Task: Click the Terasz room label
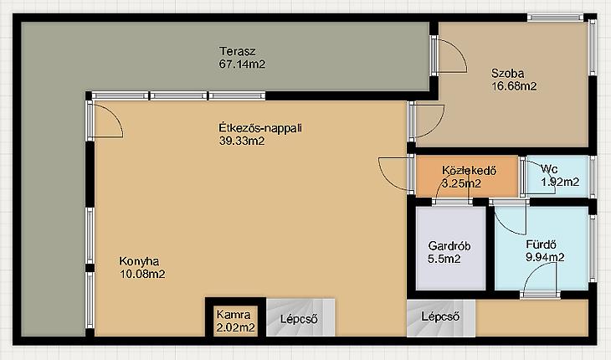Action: tap(238, 51)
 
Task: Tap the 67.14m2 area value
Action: tap(242, 64)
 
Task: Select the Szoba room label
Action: tap(507, 73)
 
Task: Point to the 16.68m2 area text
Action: tap(514, 86)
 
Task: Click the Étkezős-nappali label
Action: tap(260, 128)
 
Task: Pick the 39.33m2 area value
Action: tap(242, 141)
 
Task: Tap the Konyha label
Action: tap(139, 261)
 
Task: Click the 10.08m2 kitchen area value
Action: tap(142, 274)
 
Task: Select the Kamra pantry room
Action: tap(235, 321)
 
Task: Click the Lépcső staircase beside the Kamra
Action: tap(300, 317)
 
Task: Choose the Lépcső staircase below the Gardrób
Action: tap(441, 318)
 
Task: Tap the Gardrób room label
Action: tap(449, 246)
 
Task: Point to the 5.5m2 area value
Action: tap(444, 259)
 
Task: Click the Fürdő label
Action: tap(541, 244)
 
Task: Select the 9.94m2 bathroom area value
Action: tap(545, 257)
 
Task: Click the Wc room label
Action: tap(549, 169)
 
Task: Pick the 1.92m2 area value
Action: tap(560, 182)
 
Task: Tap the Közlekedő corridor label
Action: tap(469, 171)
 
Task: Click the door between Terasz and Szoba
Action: tap(448, 55)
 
